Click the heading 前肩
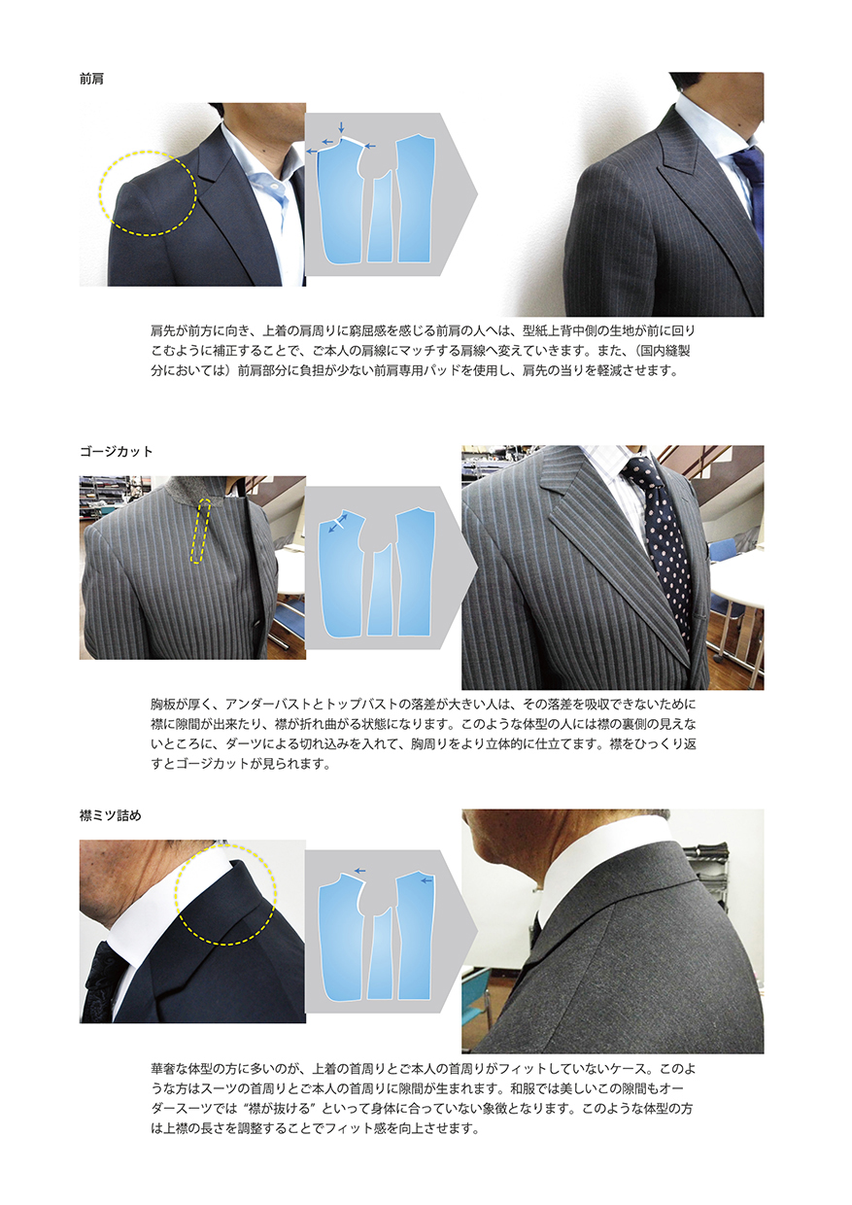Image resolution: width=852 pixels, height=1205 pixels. click(x=91, y=79)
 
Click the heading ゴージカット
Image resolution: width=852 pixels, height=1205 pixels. click(x=117, y=451)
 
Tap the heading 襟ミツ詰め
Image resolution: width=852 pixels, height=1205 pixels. click(x=111, y=815)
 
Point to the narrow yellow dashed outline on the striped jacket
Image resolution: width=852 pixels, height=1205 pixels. click(x=199, y=531)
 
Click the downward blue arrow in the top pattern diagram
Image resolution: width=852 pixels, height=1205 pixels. click(x=341, y=127)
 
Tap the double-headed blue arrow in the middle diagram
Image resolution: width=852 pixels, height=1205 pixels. click(x=338, y=523)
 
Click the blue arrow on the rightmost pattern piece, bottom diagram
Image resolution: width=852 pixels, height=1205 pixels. click(x=426, y=880)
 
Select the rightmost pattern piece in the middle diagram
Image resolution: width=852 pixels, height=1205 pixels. click(x=415, y=573)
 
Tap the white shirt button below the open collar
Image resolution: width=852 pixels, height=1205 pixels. click(x=274, y=185)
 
